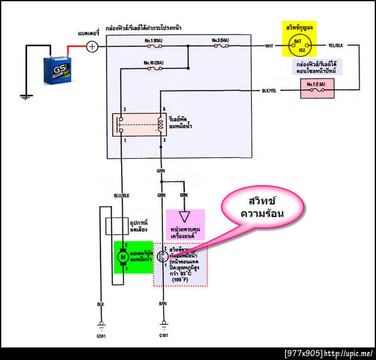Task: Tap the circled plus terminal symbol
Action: coord(92,46)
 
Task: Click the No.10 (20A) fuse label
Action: coord(152,63)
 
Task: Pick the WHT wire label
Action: coord(269,46)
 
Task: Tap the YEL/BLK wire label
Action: coord(337,46)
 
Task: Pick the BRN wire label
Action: coord(163,304)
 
